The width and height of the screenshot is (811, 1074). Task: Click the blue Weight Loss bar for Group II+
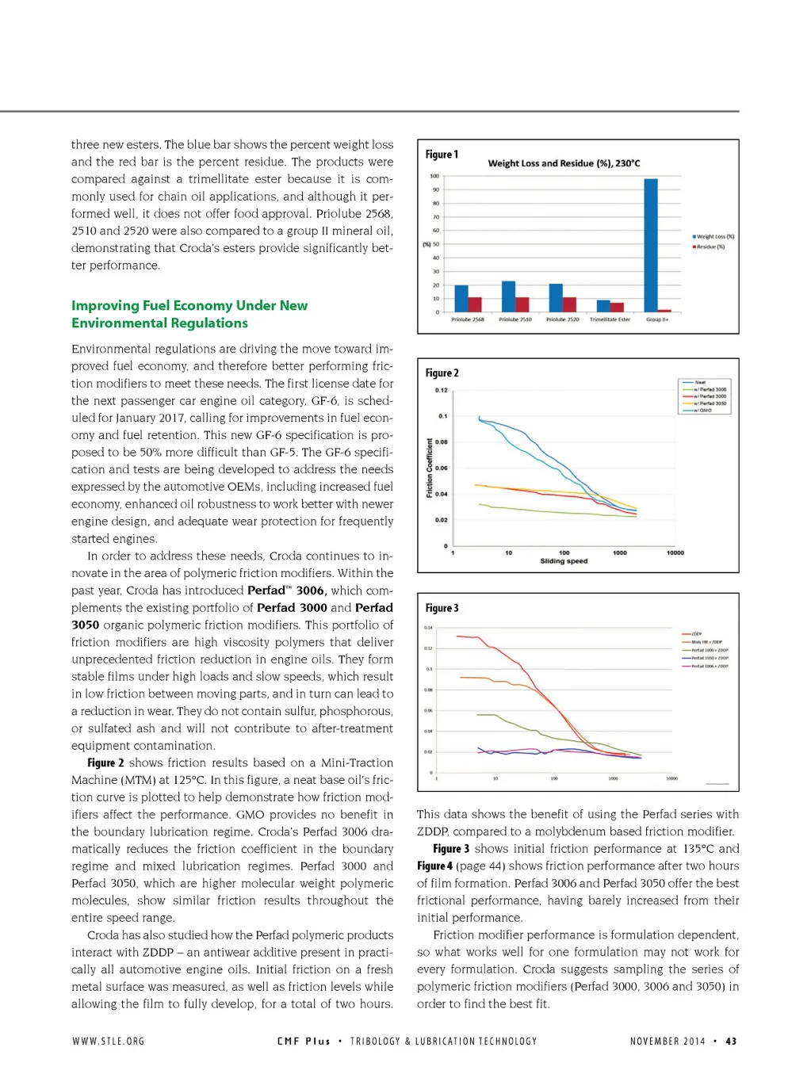click(x=651, y=245)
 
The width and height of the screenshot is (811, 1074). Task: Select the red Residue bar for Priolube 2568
click(x=475, y=304)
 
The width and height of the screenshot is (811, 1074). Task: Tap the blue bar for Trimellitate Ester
click(x=603, y=306)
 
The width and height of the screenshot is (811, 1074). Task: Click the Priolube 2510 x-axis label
click(x=515, y=319)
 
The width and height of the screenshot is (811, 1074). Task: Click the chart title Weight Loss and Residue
click(x=564, y=163)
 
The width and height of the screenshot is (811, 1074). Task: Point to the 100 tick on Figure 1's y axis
click(x=434, y=176)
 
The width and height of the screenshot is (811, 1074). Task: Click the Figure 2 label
click(x=442, y=373)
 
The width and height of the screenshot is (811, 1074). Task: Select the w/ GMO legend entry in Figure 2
click(x=702, y=411)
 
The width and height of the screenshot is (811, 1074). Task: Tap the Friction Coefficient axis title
click(x=430, y=468)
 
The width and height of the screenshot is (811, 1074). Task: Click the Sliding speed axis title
click(x=564, y=561)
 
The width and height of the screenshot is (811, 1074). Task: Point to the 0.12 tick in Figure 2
click(x=442, y=390)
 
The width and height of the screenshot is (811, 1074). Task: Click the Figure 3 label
click(x=442, y=608)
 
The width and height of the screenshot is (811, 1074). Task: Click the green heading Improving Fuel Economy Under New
click(x=189, y=306)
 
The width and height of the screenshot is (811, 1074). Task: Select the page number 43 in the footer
click(x=731, y=1042)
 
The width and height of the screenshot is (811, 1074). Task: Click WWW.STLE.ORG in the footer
click(x=109, y=1042)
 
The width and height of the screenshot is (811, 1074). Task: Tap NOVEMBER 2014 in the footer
click(x=668, y=1042)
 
